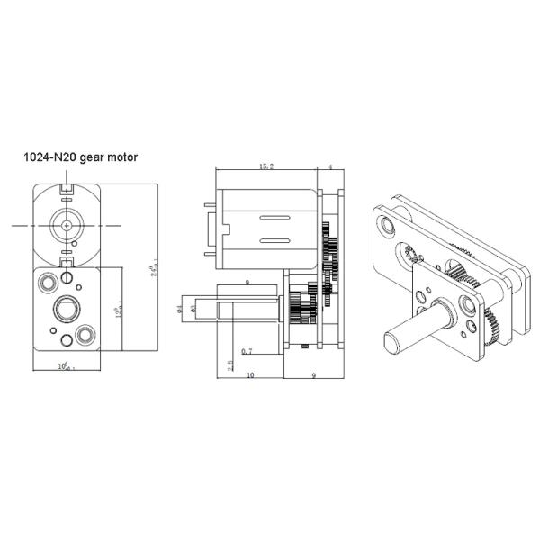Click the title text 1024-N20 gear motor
[80, 157]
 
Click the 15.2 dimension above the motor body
[266, 166]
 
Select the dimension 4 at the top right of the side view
[330, 166]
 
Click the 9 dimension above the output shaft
[247, 284]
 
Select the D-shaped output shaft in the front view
[66, 309]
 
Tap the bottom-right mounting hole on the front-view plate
[85, 336]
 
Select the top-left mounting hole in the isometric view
[387, 220]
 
